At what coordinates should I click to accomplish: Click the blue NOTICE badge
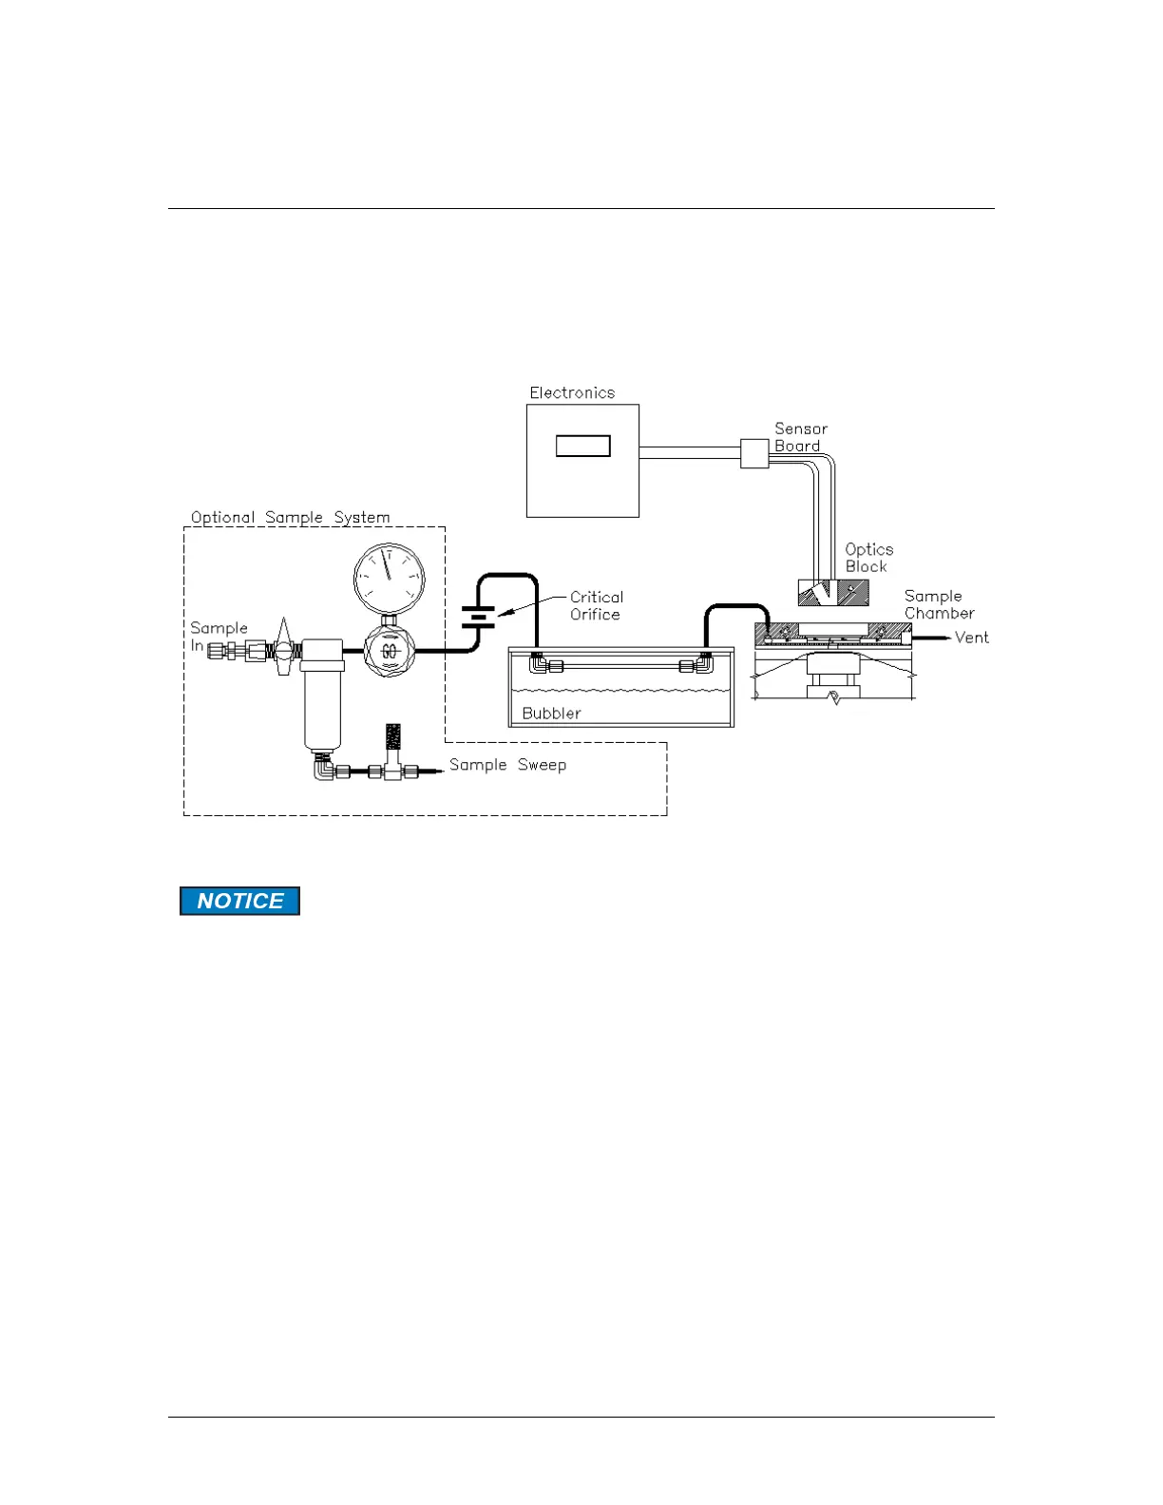pos(240,901)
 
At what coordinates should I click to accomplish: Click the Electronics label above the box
pos(572,392)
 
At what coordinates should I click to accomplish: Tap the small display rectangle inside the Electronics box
pos(582,446)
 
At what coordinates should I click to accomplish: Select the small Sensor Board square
pos(754,453)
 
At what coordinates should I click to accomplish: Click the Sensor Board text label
pos(800,437)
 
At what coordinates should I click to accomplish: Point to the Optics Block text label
pos(868,558)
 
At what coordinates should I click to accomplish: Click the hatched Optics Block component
pos(833,592)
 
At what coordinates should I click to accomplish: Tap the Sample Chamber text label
pos(938,604)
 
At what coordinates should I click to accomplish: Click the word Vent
pos(971,638)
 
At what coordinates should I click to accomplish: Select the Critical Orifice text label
pos(596,605)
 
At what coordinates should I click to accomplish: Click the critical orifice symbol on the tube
pos(478,617)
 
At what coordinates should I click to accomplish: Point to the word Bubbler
pos(551,713)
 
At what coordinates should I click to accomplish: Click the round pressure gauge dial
pos(389,578)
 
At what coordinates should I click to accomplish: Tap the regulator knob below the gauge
pos(389,651)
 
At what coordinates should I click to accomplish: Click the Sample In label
pos(217,636)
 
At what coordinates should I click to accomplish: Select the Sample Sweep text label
pos(507,765)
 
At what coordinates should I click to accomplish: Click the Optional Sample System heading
pos(290,517)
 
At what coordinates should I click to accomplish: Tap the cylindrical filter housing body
pos(322,703)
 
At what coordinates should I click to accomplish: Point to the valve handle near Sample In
pos(282,646)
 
